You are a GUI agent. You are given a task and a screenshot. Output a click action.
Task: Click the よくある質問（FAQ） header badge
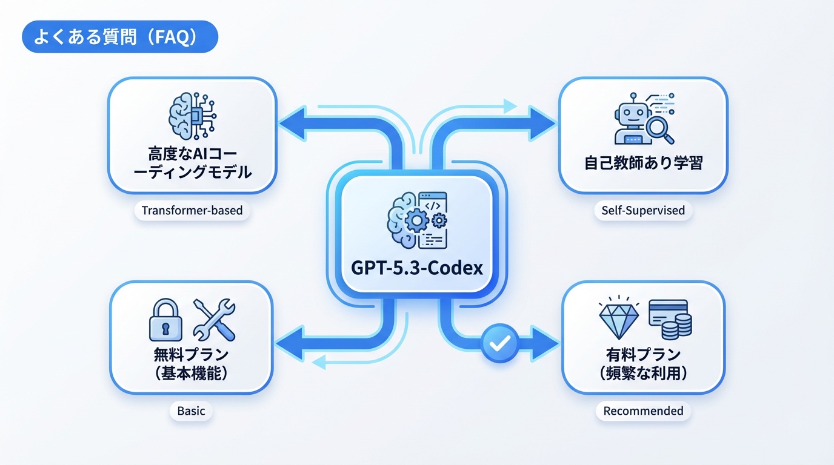(119, 37)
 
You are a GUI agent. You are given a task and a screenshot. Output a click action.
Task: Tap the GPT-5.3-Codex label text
(417, 268)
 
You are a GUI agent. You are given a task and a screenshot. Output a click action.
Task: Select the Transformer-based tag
(192, 211)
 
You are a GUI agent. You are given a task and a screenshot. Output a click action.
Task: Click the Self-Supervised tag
(643, 211)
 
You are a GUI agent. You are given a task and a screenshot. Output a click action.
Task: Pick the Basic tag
(191, 411)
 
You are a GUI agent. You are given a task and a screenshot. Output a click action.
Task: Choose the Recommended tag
(643, 411)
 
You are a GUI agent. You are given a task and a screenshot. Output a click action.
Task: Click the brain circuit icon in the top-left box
(192, 116)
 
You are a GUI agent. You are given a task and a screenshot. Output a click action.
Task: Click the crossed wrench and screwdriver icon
(213, 320)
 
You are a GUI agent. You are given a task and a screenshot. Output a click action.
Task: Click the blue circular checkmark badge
(499, 344)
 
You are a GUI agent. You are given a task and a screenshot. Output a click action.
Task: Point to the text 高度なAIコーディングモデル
(192, 162)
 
